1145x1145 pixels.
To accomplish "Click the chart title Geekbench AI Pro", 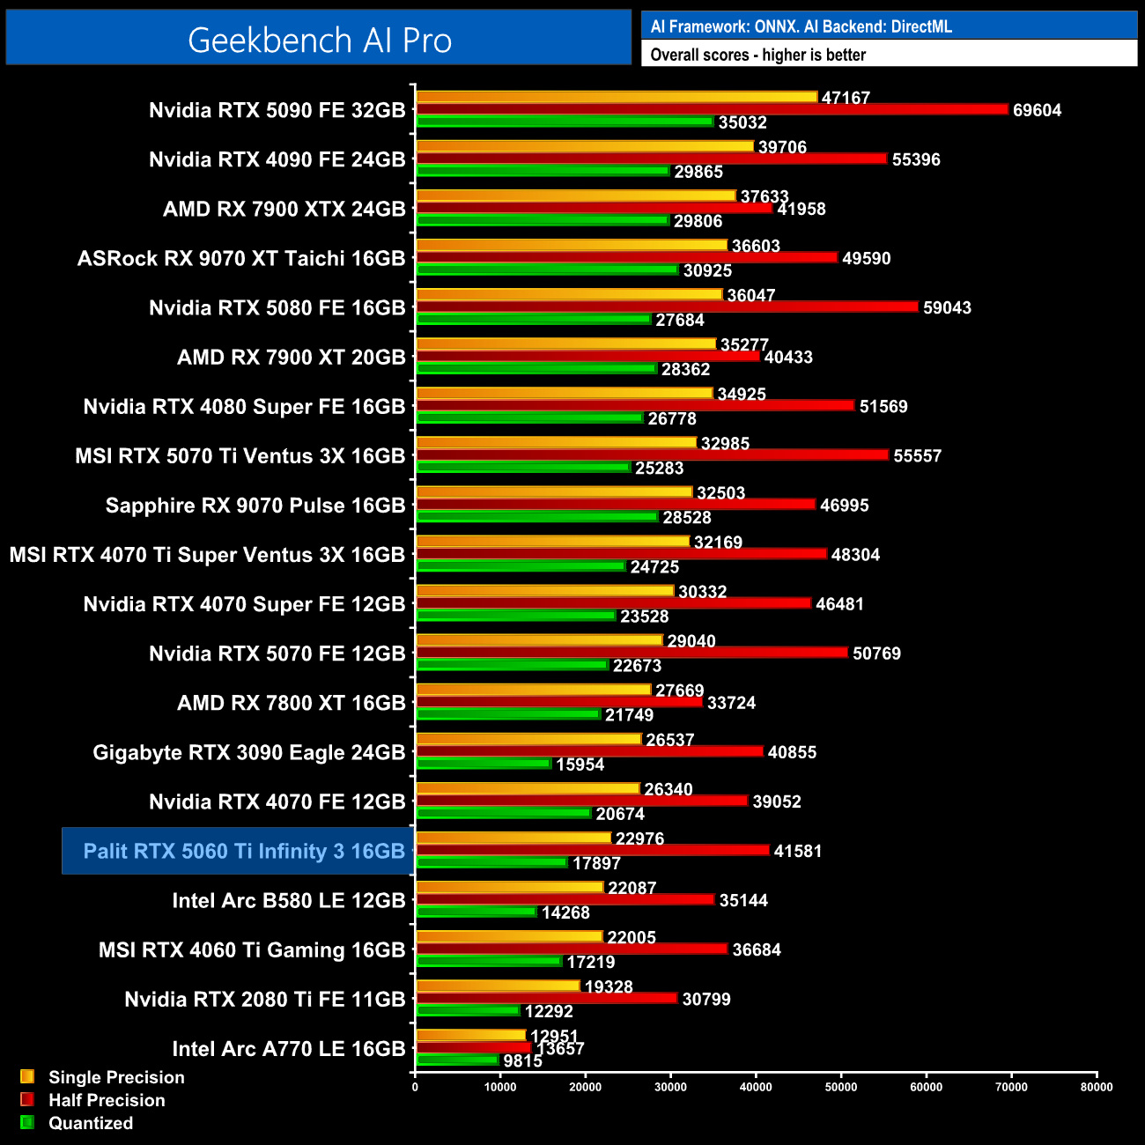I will click(319, 41).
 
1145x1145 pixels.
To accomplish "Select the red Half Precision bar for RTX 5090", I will click(712, 109).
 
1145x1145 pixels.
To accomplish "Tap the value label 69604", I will click(1037, 110).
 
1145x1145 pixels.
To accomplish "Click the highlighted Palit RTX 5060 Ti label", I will click(243, 851).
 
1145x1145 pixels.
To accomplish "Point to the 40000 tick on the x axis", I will click(756, 1087).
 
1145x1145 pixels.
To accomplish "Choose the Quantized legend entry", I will click(90, 1123).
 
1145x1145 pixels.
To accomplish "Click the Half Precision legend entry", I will click(106, 1100).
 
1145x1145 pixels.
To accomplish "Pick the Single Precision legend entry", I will click(115, 1077).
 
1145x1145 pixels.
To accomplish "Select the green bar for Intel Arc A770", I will click(458, 1060).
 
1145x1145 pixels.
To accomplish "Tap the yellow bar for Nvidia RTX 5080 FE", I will click(569, 294).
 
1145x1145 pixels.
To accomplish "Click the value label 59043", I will click(947, 307).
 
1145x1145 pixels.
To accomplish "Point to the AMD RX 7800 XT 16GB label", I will click(291, 703).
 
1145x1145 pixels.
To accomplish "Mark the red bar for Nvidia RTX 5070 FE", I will click(632, 653).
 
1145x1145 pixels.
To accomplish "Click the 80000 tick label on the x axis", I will click(1097, 1087).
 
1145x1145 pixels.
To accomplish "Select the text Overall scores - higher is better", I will click(757, 55).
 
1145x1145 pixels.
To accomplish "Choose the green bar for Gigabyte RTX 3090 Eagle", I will click(484, 763).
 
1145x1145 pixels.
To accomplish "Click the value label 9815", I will click(522, 1061).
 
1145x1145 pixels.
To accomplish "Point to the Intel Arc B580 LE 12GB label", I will click(288, 900).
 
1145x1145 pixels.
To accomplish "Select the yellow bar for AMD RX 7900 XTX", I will click(576, 196).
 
